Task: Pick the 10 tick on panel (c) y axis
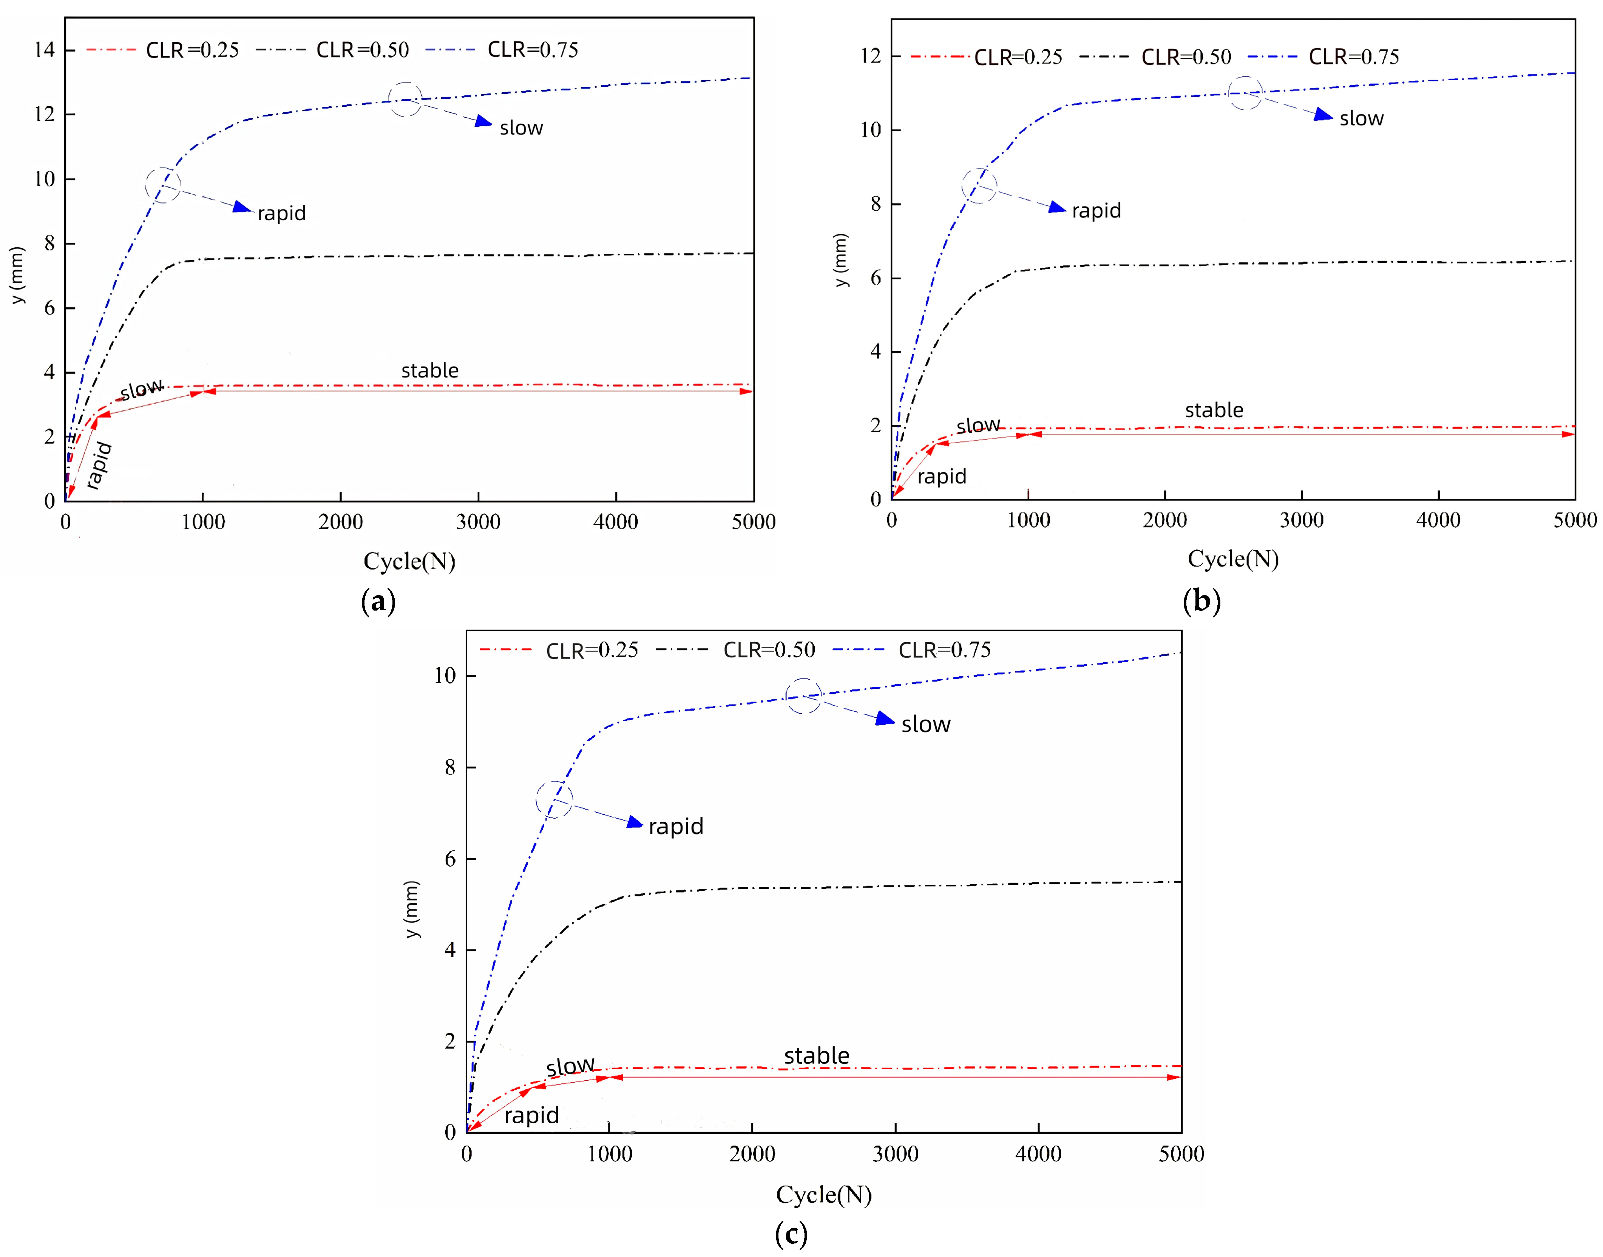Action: point(445,676)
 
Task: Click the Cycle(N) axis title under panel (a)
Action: point(409,561)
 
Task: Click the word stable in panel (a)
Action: point(430,371)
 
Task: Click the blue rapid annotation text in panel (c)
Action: point(676,827)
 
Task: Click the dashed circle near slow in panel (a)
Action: point(405,99)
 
